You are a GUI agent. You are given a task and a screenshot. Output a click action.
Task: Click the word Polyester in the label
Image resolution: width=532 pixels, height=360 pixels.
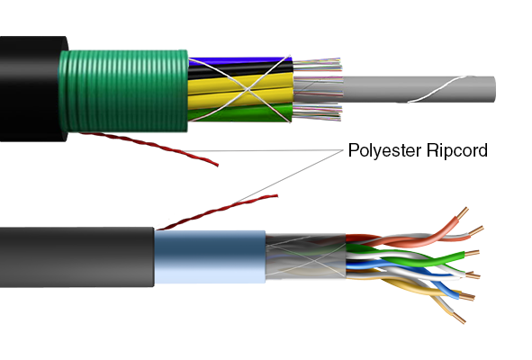click(384, 150)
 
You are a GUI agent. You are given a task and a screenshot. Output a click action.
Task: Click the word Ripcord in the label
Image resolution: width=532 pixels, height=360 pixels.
click(457, 150)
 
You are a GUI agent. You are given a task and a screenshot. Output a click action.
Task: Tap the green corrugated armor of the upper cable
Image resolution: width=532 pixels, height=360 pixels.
click(123, 91)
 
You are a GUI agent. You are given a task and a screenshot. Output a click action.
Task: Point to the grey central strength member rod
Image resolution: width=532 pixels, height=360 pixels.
click(418, 89)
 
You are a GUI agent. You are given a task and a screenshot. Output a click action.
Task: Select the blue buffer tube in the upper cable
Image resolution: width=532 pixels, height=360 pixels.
click(238, 61)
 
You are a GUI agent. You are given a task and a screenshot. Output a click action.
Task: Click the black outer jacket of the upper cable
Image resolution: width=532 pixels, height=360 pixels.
click(32, 89)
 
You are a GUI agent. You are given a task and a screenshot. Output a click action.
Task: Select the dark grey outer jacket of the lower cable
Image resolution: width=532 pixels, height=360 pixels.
click(77, 257)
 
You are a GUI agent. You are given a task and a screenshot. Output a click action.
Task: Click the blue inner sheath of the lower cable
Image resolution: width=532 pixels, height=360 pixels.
click(210, 256)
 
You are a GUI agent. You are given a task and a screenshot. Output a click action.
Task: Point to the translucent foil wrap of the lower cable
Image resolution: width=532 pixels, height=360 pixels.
click(305, 256)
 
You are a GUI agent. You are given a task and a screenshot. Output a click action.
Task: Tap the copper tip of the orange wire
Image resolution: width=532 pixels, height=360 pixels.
click(462, 212)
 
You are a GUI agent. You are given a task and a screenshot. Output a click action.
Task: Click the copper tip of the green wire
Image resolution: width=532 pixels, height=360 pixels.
click(472, 253)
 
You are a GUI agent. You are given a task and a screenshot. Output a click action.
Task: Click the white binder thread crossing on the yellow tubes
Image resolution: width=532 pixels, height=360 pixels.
click(248, 90)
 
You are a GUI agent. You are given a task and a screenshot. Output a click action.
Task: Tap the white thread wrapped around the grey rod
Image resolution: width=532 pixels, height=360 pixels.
click(437, 89)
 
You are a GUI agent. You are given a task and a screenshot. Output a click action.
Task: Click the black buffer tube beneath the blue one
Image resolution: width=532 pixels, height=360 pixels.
click(240, 70)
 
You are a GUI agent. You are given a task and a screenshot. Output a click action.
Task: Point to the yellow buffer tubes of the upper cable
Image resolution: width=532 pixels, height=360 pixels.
click(240, 92)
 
